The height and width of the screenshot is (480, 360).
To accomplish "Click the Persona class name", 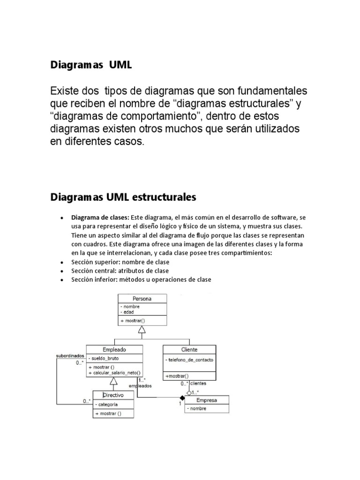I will (142, 298).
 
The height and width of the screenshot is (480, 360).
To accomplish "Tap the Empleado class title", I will (114, 349).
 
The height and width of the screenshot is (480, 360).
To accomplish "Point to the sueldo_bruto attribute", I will (107, 358).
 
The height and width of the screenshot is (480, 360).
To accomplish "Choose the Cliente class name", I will (189, 349).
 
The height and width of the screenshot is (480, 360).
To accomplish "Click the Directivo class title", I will (113, 395).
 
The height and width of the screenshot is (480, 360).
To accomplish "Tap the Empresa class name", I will (207, 400).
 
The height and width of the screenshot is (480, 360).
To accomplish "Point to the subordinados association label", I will (70, 355).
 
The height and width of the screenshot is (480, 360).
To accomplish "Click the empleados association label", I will (144, 386).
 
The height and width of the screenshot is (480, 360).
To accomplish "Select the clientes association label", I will (198, 383).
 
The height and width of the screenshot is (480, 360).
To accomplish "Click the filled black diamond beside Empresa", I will (182, 398).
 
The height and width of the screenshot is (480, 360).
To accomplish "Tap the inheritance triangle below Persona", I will (142, 330).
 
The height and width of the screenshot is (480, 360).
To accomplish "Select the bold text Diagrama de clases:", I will (100, 217).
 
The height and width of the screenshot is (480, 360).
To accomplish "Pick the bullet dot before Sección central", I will (62, 271).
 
